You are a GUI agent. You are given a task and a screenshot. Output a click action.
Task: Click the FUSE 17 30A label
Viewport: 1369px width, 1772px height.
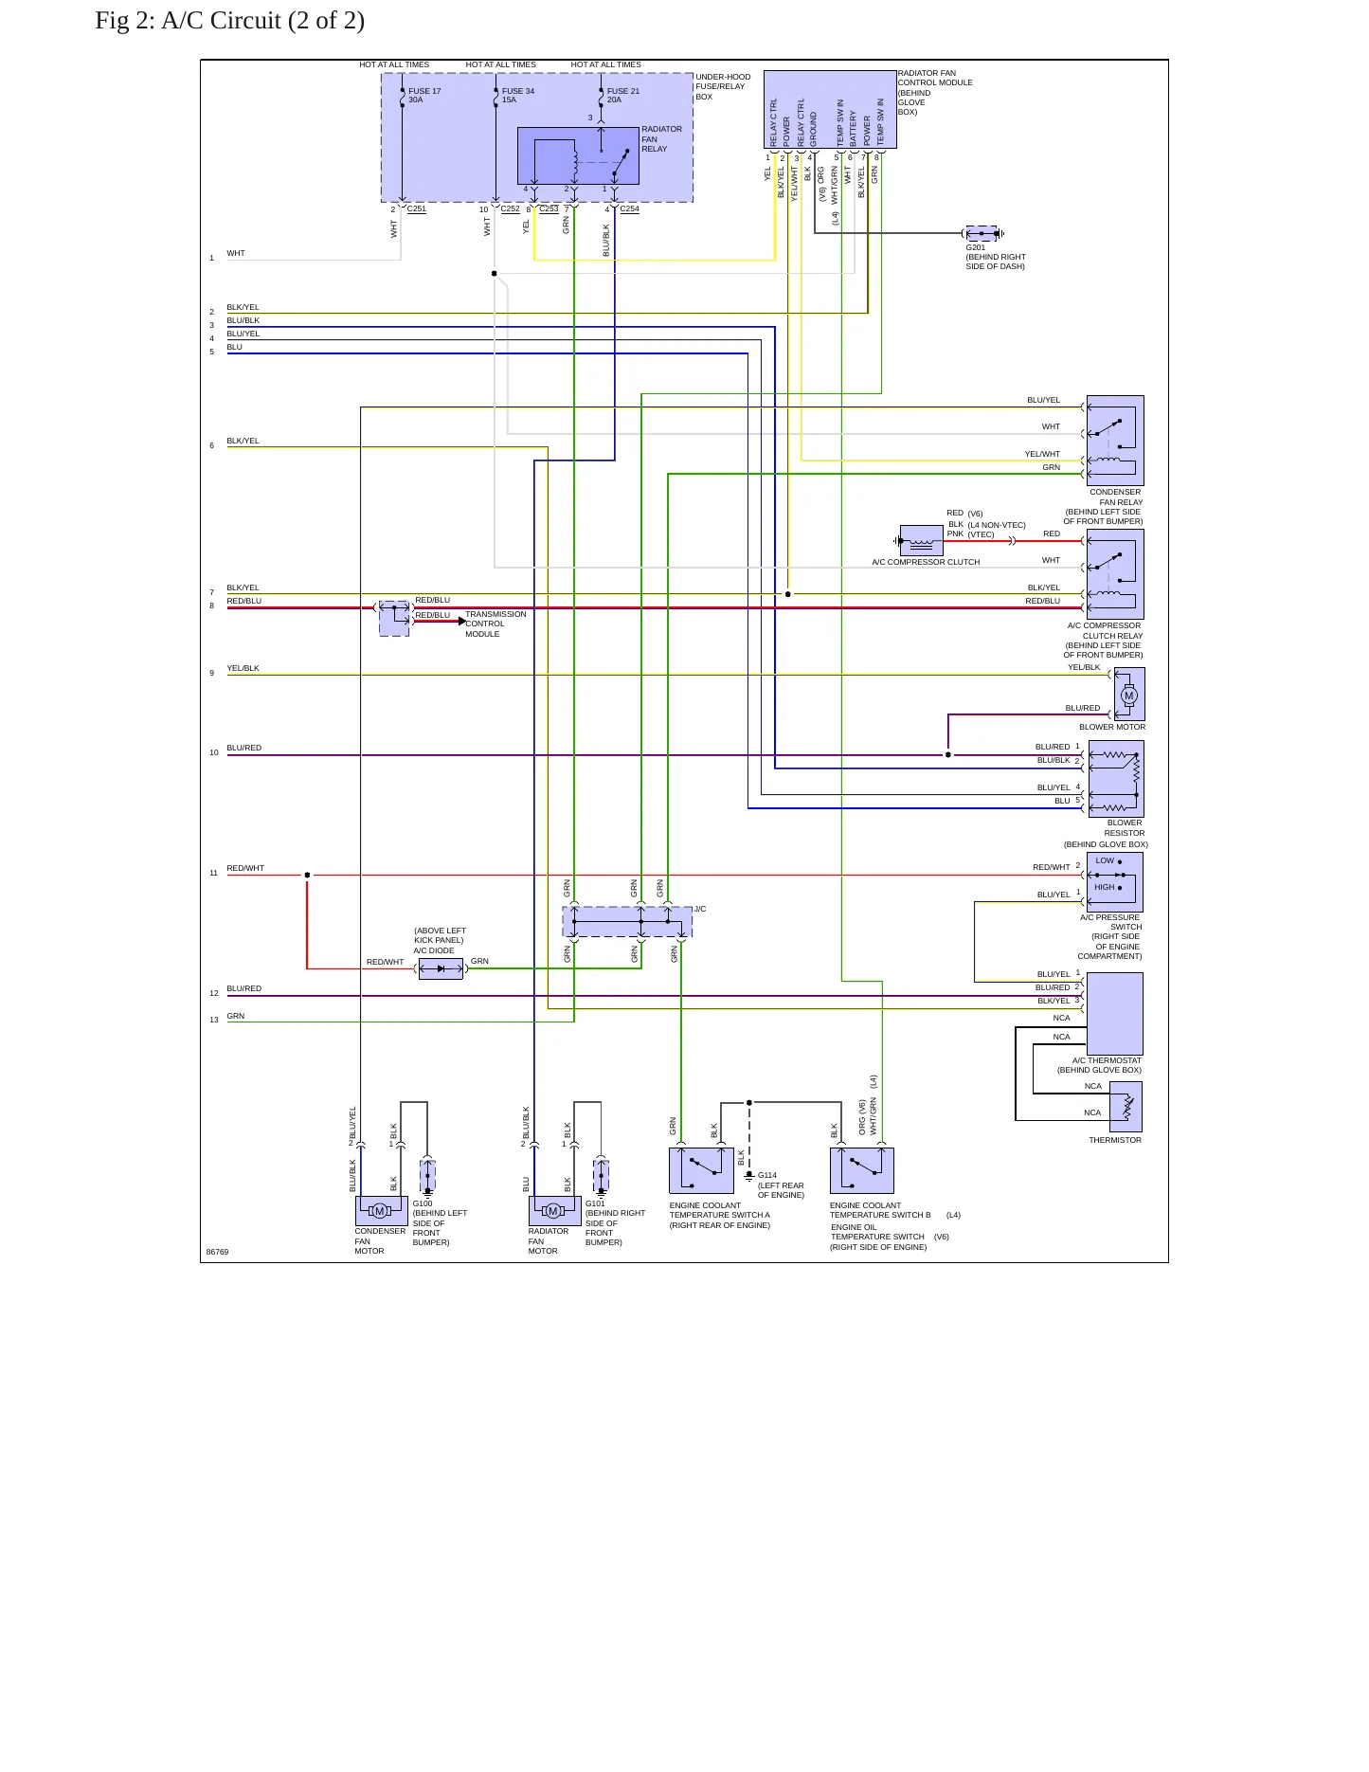coord(424,96)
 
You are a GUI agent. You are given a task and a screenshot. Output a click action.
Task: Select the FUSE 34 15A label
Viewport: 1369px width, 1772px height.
coord(518,96)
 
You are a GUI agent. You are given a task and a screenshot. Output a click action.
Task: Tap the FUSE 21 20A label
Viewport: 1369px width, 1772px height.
coord(623,96)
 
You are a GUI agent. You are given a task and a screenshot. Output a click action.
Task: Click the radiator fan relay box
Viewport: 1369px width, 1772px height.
coord(578,155)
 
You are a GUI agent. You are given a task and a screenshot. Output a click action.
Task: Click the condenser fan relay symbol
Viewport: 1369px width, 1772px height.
coord(1115,441)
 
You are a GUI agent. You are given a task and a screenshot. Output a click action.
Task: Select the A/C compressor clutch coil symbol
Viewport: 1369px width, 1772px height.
coord(921,541)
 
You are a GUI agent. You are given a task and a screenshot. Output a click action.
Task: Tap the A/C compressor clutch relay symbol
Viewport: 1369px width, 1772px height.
coord(1115,574)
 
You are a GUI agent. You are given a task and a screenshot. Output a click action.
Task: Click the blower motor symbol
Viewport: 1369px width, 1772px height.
coord(1128,695)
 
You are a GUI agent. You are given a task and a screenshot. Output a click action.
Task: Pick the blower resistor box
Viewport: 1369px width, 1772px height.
coord(1116,779)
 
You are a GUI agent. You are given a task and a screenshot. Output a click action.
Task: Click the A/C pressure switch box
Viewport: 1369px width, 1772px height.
coord(1115,882)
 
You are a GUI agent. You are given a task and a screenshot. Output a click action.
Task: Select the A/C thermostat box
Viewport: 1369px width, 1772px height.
coord(1115,1014)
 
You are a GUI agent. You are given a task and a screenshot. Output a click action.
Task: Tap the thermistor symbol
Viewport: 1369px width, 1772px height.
coord(1126,1107)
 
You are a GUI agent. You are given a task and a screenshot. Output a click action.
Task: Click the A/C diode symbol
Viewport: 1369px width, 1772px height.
coord(441,968)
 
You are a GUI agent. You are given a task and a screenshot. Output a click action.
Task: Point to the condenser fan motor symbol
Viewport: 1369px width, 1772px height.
coord(381,1211)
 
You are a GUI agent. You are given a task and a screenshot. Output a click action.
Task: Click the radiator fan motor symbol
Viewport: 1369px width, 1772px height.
coord(554,1211)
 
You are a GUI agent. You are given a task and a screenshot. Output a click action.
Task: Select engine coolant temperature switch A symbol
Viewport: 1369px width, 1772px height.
coord(701,1170)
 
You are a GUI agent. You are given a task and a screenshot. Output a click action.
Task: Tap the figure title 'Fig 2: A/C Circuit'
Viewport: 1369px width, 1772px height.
coord(229,21)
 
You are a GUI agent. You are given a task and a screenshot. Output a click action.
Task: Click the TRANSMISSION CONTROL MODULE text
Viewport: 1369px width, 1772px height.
coord(495,624)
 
